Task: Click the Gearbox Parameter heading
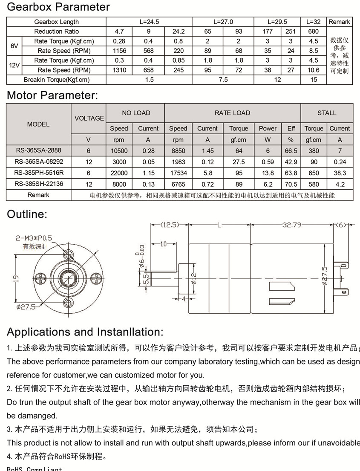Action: point(58,7)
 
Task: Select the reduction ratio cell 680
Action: point(314,31)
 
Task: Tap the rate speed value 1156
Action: point(119,51)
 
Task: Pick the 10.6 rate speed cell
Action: point(314,70)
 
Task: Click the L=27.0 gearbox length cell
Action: point(223,22)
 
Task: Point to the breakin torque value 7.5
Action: point(223,80)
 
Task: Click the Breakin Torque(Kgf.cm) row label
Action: point(57,80)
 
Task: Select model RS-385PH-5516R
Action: point(38,173)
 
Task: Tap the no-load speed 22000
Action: point(119,173)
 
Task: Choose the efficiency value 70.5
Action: point(291,184)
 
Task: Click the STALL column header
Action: point(327,113)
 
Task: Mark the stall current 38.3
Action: point(340,173)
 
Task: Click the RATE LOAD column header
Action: point(233,113)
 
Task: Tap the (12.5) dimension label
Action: point(169,225)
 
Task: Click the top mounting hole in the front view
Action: point(68,254)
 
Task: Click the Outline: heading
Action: point(27,214)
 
